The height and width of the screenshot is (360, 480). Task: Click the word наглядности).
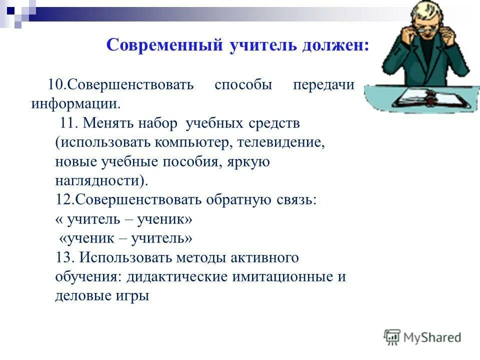point(101,180)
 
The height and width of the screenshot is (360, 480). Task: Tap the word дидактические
point(177,277)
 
